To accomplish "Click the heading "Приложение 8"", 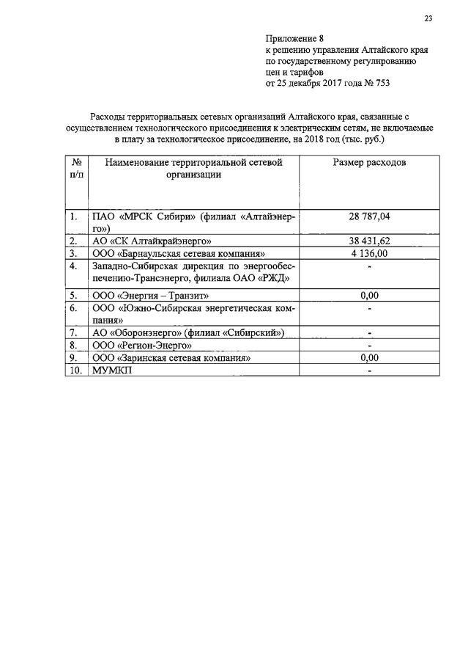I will coord(294,38).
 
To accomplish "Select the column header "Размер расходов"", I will coord(370,162).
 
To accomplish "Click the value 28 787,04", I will coord(370,216).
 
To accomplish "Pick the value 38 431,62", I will coord(370,241).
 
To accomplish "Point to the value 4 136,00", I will coord(370,253).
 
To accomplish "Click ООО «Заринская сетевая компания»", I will coord(171,357).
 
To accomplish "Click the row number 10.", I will coord(75,371).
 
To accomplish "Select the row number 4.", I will coord(73,266).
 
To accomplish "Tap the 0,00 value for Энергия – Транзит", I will coord(370,295).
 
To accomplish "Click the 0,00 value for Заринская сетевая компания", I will coord(370,357).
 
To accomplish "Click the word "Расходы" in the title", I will coord(107,117).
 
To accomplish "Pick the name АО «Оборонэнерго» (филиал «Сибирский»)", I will coord(188,332).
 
